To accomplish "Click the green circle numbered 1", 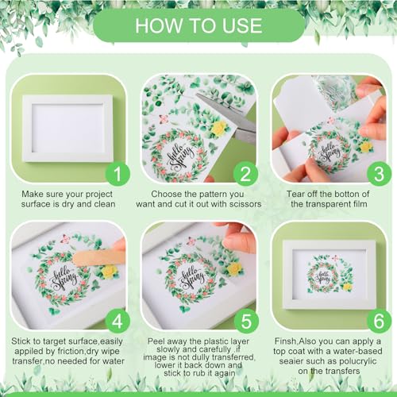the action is pyautogui.click(x=118, y=174).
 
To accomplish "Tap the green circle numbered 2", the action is pyautogui.click(x=245, y=174).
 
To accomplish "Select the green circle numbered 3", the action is pyautogui.click(x=379, y=174).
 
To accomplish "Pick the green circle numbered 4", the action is pyautogui.click(x=118, y=321).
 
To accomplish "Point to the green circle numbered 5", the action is pyautogui.click(x=246, y=321).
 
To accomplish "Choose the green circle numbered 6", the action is pyautogui.click(x=379, y=321).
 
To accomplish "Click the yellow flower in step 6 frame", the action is pyautogui.click(x=347, y=287).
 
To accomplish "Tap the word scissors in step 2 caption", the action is pyautogui.click(x=245, y=204).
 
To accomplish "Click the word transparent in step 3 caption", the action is pyautogui.click(x=327, y=204).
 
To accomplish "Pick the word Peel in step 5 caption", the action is pyautogui.click(x=156, y=341).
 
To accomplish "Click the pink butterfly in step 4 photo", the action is pyautogui.click(x=64, y=240).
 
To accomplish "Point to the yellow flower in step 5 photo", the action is pyautogui.click(x=235, y=269).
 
